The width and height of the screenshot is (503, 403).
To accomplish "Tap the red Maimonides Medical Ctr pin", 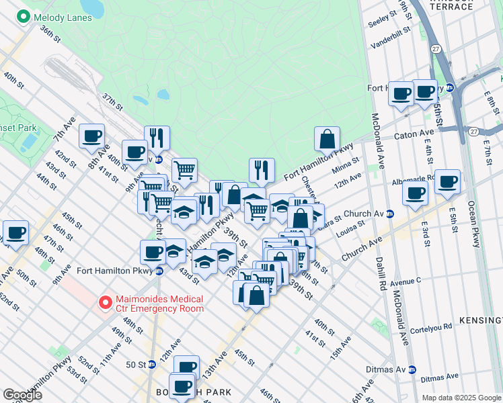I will [105, 303].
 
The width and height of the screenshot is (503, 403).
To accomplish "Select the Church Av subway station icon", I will [389, 214].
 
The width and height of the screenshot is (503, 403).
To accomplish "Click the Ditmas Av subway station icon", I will [412, 369].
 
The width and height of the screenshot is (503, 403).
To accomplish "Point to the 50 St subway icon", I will [151, 364].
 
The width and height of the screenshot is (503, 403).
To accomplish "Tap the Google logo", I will [22, 395].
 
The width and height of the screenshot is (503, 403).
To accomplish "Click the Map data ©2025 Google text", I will [461, 398].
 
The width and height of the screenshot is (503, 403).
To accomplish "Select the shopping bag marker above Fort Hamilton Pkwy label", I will [327, 139].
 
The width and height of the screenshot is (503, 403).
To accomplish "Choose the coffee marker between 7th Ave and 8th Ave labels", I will [91, 136].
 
